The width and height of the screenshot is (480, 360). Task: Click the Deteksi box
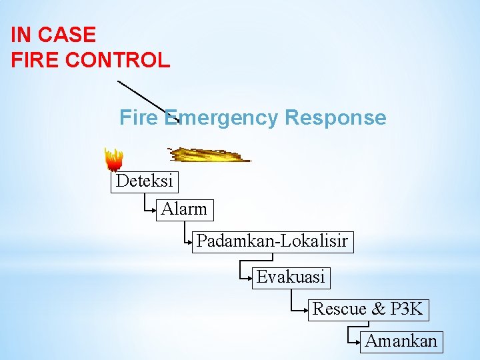point(145,181)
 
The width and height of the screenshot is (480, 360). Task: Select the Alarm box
point(185,209)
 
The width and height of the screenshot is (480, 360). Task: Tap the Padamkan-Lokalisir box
point(272,241)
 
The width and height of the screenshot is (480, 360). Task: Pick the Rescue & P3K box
point(367,309)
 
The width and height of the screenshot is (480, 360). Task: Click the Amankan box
point(401,341)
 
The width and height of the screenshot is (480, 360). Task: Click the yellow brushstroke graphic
point(208,155)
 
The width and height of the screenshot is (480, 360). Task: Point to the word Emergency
point(221,118)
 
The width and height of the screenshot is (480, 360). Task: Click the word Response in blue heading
point(335,118)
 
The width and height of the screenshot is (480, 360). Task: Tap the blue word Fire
point(139,118)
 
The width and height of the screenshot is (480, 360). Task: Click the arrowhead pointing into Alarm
point(155,209)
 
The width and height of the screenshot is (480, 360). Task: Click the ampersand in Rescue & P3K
point(379,309)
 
